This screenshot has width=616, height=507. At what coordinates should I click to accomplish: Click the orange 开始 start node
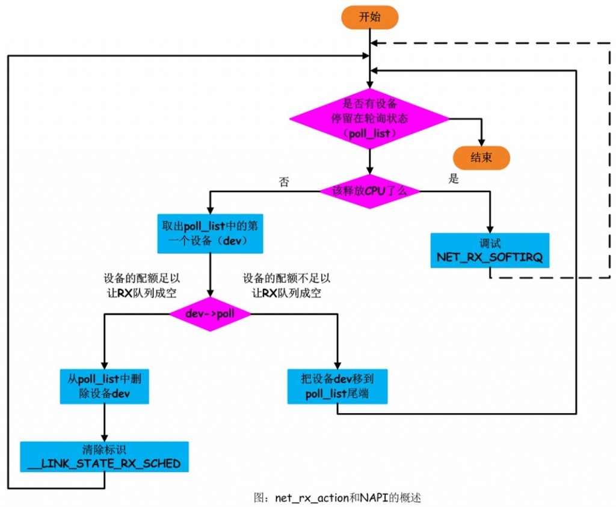pos(370,17)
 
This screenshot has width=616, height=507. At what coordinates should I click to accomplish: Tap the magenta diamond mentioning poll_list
pos(369,117)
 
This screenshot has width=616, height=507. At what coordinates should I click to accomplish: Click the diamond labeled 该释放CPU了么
pos(369,191)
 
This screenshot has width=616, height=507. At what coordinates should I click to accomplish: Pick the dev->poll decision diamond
pos(209,314)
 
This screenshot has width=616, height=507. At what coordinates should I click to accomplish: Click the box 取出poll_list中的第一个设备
pos(209,233)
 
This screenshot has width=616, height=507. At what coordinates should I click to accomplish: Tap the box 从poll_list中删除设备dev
pos(105,386)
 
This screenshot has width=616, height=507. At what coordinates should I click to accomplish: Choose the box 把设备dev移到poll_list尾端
pos(337,386)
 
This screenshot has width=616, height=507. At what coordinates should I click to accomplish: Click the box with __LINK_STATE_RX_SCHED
pos(105,458)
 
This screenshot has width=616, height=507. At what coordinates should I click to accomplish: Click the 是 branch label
pos(454,179)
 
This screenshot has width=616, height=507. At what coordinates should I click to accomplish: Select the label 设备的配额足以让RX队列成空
pos(142,286)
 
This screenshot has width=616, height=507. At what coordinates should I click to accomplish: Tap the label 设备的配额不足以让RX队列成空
pos(286,286)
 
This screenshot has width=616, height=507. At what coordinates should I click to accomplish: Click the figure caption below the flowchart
pos(336,498)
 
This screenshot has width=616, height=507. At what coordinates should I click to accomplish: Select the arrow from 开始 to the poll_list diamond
pos(370,60)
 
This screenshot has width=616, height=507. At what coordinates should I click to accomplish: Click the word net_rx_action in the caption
pos(312,498)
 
